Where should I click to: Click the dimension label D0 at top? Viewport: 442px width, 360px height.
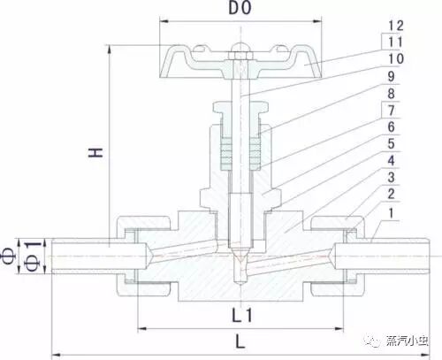[x=240, y=8]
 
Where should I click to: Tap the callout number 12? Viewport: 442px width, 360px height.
[x=395, y=26]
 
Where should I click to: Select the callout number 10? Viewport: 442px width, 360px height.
[x=395, y=58]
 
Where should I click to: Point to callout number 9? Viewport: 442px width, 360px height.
[x=391, y=76]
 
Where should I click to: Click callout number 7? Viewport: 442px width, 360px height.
[x=391, y=111]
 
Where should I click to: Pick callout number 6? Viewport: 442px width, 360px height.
[x=391, y=127]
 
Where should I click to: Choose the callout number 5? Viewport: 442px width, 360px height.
[x=391, y=144]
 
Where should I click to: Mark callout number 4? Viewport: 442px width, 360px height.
[x=391, y=161]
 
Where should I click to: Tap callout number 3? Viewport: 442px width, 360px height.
[x=391, y=178]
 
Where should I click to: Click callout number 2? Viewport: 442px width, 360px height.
[x=391, y=194]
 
